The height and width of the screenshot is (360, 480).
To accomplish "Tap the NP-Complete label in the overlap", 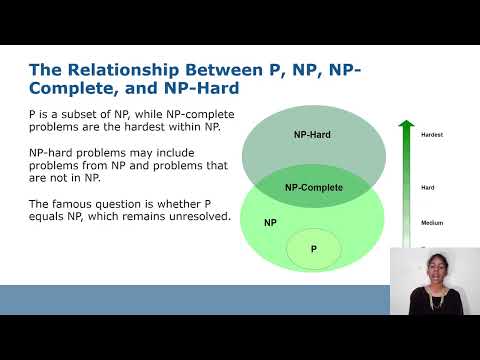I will click(313, 187).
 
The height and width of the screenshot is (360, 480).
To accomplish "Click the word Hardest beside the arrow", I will click(433, 134).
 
